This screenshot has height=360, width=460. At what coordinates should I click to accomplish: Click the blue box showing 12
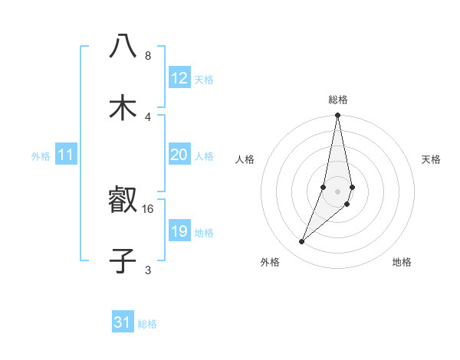[179, 78]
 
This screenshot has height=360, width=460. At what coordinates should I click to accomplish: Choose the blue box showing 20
[179, 155]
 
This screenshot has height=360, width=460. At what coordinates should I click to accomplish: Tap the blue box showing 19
[179, 231]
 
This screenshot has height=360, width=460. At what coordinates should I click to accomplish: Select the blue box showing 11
[66, 155]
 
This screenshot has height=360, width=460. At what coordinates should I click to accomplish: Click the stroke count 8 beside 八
[148, 56]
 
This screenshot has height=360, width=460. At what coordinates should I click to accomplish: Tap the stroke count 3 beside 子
[148, 270]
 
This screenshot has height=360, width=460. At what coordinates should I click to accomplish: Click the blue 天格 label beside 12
[204, 80]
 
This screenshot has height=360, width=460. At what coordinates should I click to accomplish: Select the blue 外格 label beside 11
[41, 156]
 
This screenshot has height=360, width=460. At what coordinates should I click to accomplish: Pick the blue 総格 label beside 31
[147, 324]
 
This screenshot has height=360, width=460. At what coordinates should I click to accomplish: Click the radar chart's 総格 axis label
[338, 100]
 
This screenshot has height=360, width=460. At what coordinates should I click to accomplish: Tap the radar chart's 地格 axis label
[402, 262]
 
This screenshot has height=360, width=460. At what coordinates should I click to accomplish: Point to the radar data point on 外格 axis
[301, 242]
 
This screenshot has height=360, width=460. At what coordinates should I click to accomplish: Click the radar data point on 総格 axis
[338, 116]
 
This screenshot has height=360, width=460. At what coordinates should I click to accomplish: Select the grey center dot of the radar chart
[338, 191]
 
